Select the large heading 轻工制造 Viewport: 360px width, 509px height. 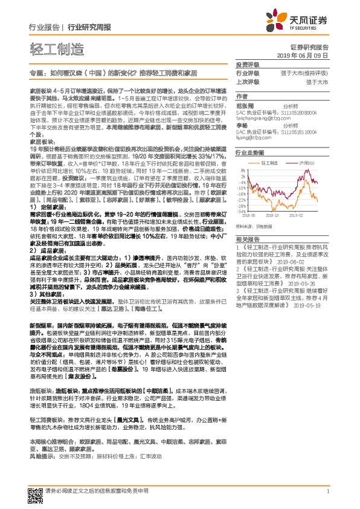pyautogui.click(x=53, y=48)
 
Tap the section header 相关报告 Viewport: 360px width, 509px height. pyautogui.click(x=246, y=239)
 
